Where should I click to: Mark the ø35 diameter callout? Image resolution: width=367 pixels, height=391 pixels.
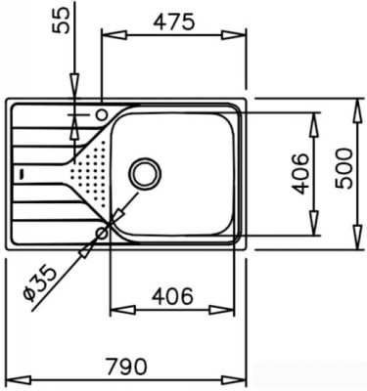tap(41, 278)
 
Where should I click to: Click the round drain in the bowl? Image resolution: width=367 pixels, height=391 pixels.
tap(147, 174)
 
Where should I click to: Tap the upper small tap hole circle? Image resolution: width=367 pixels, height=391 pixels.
tap(102, 115)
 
